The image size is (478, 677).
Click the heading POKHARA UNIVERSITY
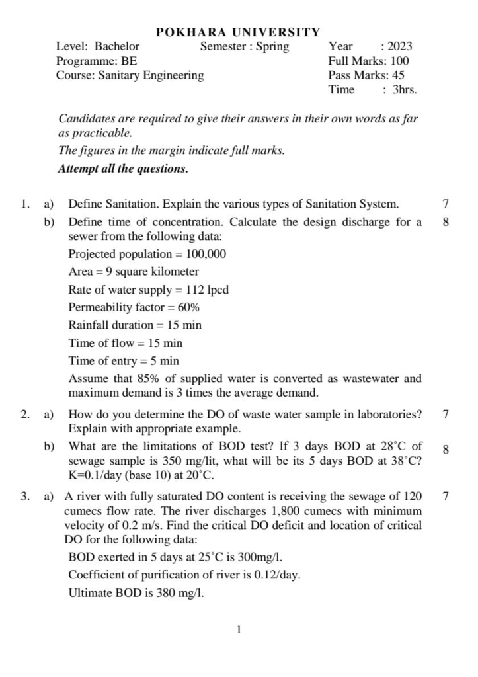(238, 32)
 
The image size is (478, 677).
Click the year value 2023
(400, 46)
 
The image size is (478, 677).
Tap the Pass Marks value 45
(398, 75)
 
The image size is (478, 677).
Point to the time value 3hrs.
(405, 90)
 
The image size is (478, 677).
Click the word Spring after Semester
(272, 46)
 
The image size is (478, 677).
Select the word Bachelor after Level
(117, 46)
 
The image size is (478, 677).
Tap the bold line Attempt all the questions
(123, 169)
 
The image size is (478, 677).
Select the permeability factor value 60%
(189, 307)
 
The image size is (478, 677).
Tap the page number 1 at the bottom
(239, 630)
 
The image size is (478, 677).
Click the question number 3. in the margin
(25, 495)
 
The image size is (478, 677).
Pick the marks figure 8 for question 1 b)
(446, 222)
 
